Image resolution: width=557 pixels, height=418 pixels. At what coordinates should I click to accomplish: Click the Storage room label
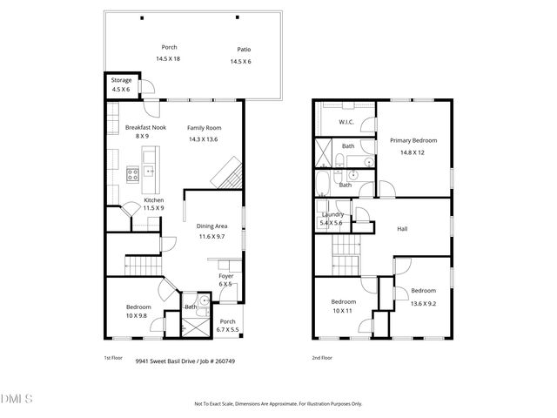[121, 80]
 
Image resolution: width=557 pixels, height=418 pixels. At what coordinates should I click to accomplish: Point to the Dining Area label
[211, 226]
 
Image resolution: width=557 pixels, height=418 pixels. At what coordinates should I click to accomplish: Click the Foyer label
[225, 276]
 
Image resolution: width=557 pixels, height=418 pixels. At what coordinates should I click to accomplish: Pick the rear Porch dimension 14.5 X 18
[168, 58]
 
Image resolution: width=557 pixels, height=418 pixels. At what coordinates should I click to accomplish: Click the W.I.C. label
[345, 122]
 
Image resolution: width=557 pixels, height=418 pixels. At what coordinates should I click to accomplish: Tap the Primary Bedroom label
[413, 140]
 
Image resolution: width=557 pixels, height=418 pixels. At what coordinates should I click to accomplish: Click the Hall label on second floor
[402, 230]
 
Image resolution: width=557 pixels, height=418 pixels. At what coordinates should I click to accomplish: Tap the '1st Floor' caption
[113, 357]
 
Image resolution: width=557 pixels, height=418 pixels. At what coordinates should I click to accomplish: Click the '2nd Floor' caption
[322, 357]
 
